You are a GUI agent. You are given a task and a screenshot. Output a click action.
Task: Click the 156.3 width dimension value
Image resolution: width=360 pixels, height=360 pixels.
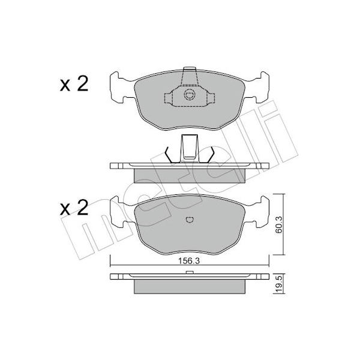[x=189, y=261]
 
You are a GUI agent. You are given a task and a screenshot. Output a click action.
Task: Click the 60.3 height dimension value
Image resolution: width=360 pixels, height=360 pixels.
[x=280, y=224]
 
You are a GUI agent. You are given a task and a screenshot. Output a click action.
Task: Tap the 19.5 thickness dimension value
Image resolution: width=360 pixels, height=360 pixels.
[x=280, y=284]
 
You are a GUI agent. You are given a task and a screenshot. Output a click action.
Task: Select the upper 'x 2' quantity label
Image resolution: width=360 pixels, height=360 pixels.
[x=74, y=84]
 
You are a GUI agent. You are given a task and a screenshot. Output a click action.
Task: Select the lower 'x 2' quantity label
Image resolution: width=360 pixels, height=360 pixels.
[x=74, y=208]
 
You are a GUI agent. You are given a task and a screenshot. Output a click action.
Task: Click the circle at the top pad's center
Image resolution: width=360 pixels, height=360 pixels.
[x=190, y=95]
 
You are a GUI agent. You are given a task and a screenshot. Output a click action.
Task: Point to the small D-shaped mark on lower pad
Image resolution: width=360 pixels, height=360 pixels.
[x=190, y=220]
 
